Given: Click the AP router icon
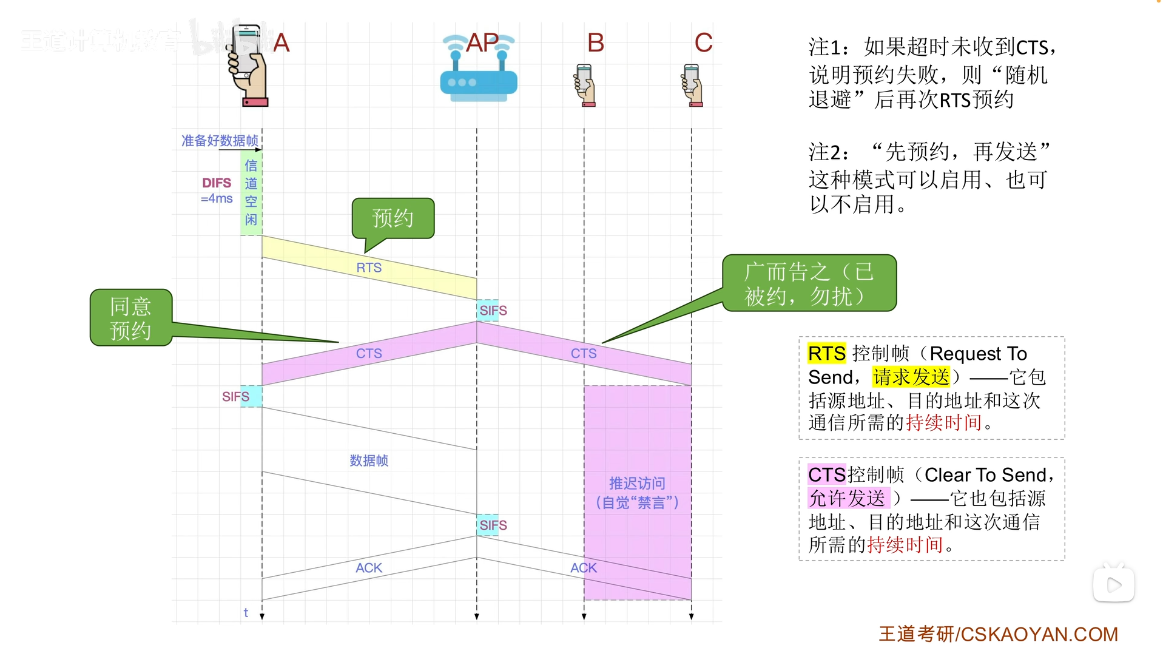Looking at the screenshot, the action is click(x=478, y=76).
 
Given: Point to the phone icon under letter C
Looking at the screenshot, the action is click(x=692, y=85).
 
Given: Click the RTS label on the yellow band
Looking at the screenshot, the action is click(x=369, y=268).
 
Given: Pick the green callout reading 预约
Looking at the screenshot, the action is click(x=393, y=218).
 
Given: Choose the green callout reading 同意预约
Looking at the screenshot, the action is click(x=131, y=318).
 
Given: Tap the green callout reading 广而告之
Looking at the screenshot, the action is click(x=809, y=283).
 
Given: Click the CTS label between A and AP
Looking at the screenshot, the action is click(x=369, y=353).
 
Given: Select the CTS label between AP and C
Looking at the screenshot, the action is click(x=584, y=353).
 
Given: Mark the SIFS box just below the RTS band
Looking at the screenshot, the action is click(x=493, y=311).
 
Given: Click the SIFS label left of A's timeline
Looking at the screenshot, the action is click(x=235, y=397).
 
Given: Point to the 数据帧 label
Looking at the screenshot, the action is click(x=369, y=461).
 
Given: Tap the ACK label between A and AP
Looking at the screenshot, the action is click(x=369, y=568).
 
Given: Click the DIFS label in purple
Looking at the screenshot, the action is click(x=217, y=183).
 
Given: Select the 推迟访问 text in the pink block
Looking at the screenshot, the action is click(x=637, y=484).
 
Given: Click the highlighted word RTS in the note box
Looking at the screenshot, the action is click(x=826, y=353).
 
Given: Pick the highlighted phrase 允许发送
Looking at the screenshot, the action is click(x=848, y=498).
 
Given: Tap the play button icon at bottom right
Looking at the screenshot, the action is click(x=1114, y=585).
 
